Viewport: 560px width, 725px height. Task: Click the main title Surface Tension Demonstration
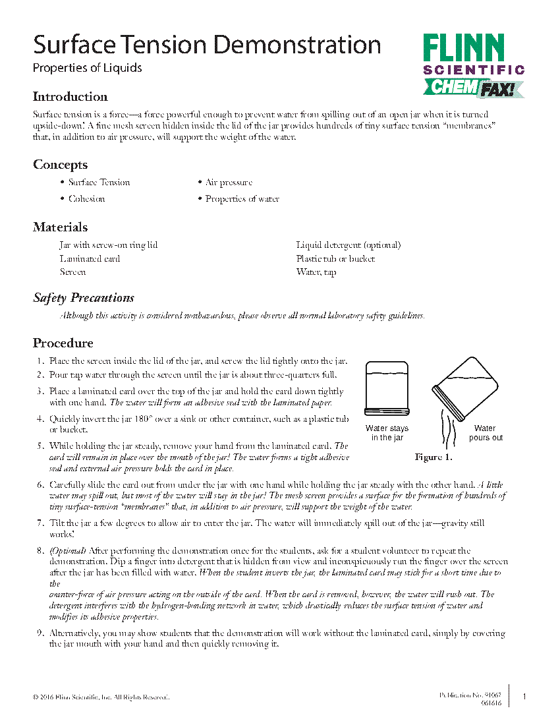point(207,45)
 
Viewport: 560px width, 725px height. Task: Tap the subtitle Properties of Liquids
point(87,68)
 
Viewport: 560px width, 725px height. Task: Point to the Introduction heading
point(70,97)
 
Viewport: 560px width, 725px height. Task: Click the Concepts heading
point(60,165)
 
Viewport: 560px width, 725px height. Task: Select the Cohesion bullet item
point(86,198)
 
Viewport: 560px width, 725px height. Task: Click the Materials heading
point(60,227)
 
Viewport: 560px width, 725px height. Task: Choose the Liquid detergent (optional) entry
point(348,245)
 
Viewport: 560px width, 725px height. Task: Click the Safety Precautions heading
point(83,298)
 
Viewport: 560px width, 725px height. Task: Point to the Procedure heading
point(63,343)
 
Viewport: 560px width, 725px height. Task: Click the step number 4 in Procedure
point(40,419)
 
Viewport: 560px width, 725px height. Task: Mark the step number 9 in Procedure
point(40,633)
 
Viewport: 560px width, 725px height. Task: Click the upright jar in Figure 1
point(386,389)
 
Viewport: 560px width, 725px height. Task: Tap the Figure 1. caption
point(433,457)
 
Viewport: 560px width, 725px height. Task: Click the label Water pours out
point(486,433)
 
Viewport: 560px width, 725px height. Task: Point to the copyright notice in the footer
point(101,697)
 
